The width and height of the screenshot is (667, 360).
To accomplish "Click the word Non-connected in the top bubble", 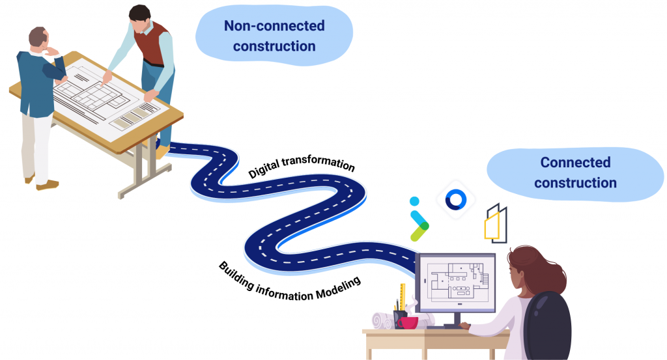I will (274, 26).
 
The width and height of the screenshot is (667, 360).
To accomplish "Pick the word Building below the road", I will (240, 273).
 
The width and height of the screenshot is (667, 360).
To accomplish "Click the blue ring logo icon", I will (454, 199).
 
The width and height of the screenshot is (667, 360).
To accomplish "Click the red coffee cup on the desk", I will (407, 322).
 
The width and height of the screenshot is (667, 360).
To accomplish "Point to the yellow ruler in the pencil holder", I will (403, 297).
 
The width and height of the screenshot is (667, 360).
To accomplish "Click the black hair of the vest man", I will (139, 12).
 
